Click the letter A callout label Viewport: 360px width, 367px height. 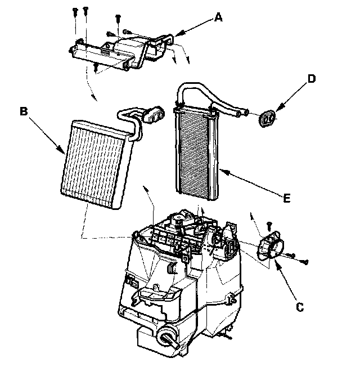click(x=218, y=18)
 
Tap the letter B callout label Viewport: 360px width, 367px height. click(x=24, y=111)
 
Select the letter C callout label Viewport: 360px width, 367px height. click(x=300, y=307)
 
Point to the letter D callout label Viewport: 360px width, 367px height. click(x=311, y=79)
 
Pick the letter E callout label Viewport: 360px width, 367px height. click(x=287, y=198)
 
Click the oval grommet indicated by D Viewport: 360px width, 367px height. click(x=267, y=118)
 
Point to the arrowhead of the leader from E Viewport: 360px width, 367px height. click(x=221, y=171)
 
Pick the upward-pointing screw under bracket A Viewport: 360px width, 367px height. click(x=96, y=68)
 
